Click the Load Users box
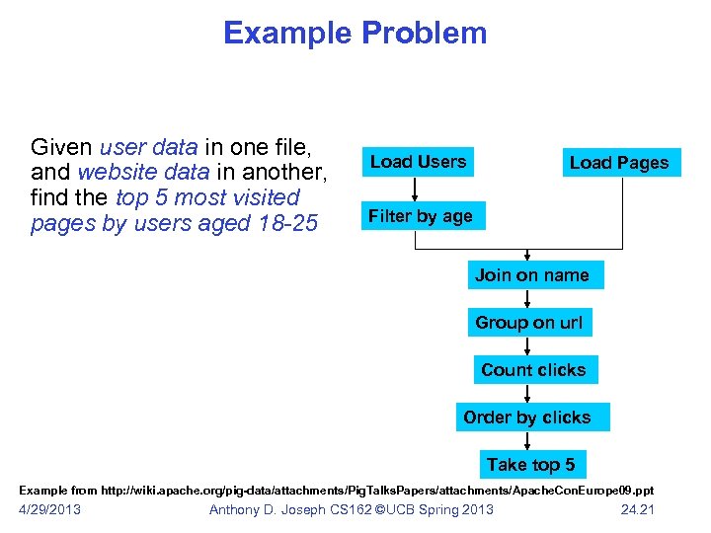coord(418,162)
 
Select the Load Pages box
coord(619,163)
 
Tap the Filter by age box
coord(421,216)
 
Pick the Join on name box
coord(532,275)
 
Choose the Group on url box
coord(529,323)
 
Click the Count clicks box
coord(533,370)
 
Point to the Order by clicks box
coord(527,418)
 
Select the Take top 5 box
coord(530,464)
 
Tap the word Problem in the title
coord(424,34)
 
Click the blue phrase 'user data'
coord(148,148)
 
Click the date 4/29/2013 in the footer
coord(50,509)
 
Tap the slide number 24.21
coord(637,509)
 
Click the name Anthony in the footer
coord(240,509)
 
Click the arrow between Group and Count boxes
coord(528,346)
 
